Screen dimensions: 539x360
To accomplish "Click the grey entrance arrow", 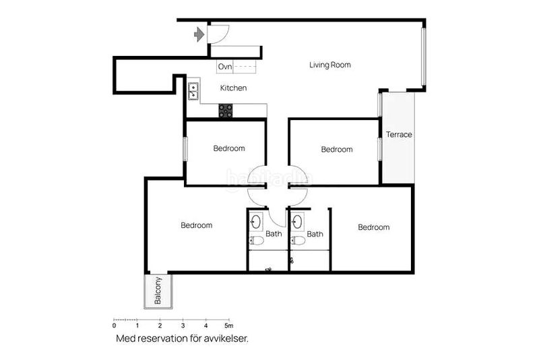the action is [199, 34].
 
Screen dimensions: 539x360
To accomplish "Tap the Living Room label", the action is [330, 65].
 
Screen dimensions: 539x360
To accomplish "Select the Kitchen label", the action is [233, 88].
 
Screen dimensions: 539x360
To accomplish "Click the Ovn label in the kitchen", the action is [225, 66].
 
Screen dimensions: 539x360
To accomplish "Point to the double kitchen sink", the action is [193, 91].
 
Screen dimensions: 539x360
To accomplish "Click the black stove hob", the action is [226, 111].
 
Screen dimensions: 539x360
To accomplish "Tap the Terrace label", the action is [399, 134].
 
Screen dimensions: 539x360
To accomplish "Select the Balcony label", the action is [158, 291].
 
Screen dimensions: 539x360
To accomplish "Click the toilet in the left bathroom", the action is [257, 240].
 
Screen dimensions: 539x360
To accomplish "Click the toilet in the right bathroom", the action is [298, 241].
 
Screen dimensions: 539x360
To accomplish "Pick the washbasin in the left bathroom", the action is [256, 221].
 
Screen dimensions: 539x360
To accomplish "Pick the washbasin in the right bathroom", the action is [297, 221].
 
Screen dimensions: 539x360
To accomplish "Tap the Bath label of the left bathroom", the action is [274, 234].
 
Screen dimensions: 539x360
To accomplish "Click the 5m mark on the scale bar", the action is [228, 325].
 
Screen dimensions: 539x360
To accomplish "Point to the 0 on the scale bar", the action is [114, 325].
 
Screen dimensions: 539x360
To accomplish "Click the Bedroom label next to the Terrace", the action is [337, 149].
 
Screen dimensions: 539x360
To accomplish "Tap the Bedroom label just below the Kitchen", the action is [229, 148].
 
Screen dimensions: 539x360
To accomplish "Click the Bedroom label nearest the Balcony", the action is [197, 225].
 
